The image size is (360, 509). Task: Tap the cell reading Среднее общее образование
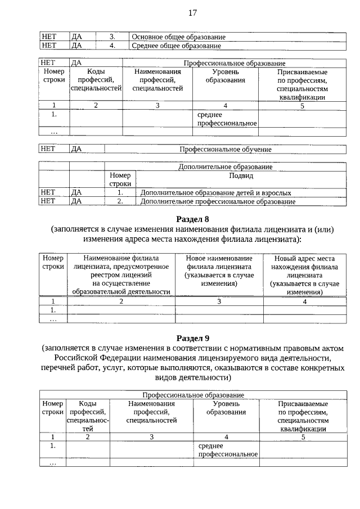coord(176,46)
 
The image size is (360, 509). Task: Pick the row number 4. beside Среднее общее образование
coord(112,46)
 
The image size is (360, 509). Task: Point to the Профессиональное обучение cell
coord(225,150)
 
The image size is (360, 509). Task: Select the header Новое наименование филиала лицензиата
coord(219,271)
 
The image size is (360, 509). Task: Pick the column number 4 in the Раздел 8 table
coord(304,301)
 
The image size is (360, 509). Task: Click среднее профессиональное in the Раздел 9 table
coord(227,450)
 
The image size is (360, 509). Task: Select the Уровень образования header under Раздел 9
coord(226,408)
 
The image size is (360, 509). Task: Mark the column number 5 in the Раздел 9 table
coord(303,436)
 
